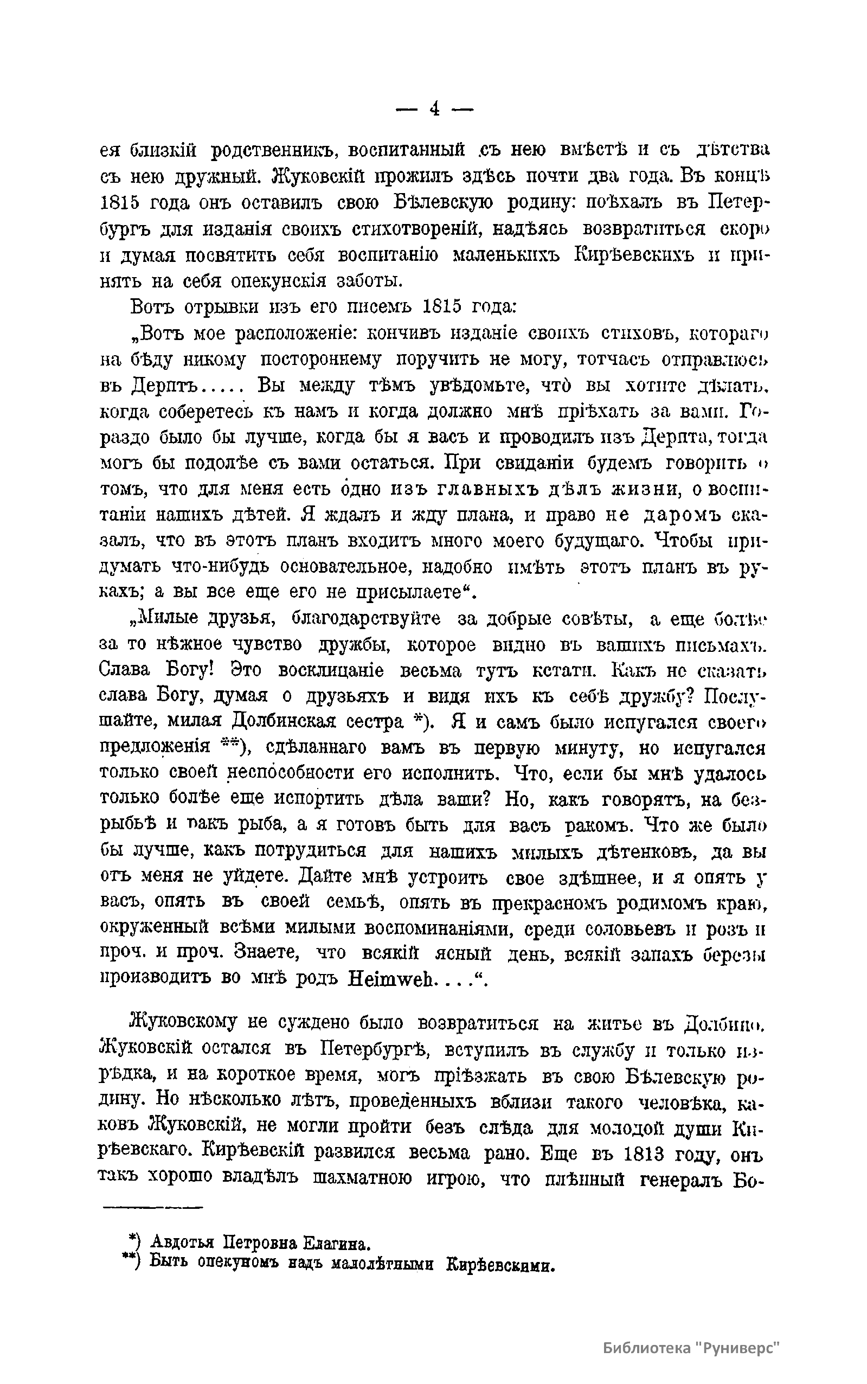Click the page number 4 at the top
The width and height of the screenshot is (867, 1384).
[x=434, y=108]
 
